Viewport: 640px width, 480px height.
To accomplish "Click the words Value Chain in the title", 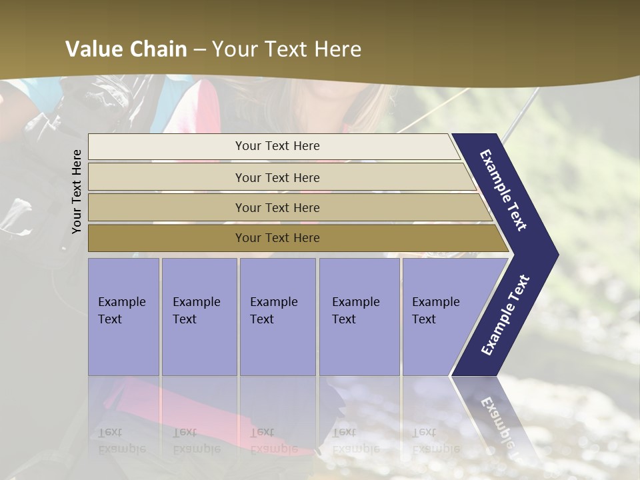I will coord(126,49).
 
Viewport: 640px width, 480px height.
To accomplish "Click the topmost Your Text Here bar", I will coord(277,146).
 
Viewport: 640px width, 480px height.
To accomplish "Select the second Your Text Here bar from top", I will coord(277,177).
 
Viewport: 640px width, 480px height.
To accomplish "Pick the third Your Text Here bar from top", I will coord(277,207).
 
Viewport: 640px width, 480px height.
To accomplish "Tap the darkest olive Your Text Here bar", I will coord(277,238).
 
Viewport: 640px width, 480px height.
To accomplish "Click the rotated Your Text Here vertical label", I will coord(77,191).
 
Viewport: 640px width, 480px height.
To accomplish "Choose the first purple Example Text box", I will coord(123,316).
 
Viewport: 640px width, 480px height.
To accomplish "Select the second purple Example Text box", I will coord(199,316).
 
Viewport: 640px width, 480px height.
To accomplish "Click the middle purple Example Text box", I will coord(277,316).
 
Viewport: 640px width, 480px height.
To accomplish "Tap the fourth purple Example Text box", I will coord(359,316).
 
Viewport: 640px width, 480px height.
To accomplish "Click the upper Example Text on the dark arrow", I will coord(504,191).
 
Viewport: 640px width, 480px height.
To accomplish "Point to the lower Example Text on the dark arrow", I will coord(505,315).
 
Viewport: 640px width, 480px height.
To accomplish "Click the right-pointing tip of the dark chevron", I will coord(556,254).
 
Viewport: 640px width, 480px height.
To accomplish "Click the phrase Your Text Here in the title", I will coord(287,49).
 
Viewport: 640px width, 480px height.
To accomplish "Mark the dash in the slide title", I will coord(199,49).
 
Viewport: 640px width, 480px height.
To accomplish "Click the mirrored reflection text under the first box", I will coord(122,440).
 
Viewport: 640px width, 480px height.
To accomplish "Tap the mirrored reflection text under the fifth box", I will coord(436,440).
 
